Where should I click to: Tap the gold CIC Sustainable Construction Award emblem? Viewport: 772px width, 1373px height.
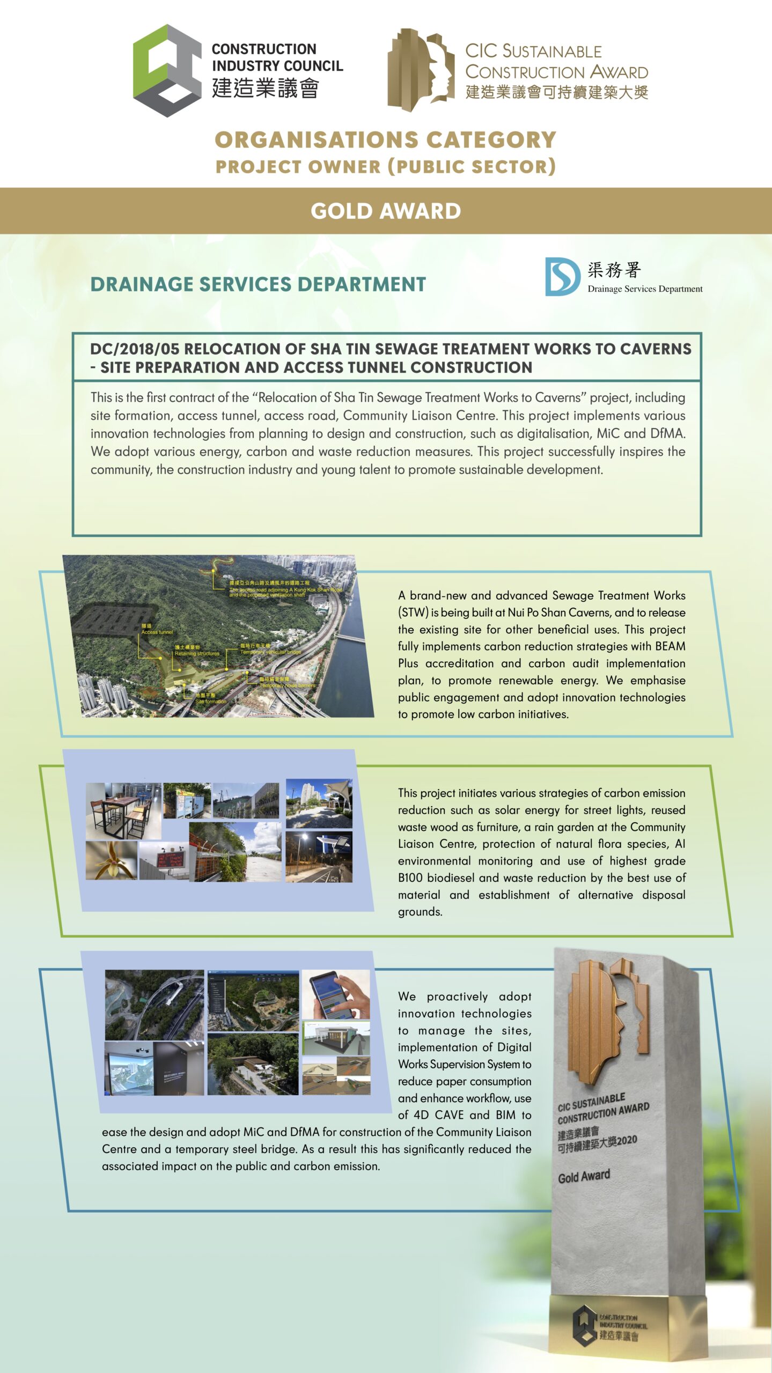421,70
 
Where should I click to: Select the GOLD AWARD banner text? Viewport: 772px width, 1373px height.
386,211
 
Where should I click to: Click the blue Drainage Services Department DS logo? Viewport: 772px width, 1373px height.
562,277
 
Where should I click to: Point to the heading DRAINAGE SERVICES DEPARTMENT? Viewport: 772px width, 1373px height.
258,284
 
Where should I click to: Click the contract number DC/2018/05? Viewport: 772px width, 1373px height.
134,349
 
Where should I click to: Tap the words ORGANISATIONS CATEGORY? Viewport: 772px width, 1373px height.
385,140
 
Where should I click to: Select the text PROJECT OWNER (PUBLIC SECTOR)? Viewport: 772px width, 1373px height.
385,167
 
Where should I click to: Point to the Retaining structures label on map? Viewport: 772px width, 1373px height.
196,653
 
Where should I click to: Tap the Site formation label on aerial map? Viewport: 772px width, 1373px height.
210,701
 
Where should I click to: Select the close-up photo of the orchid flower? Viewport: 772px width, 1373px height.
112,860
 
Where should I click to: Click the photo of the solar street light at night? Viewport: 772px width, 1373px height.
319,857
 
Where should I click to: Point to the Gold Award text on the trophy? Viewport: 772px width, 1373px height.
584,1177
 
